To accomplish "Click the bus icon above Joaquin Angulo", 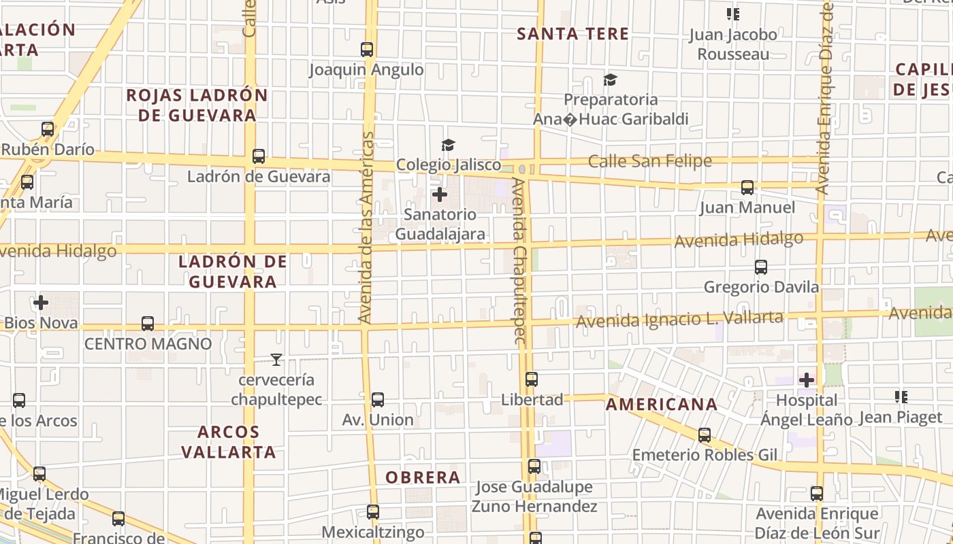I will click(x=367, y=50).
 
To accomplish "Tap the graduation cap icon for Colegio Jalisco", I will click(x=448, y=145).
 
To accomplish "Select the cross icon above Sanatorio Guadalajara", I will click(x=440, y=194).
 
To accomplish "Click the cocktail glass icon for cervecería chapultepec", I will click(x=276, y=359).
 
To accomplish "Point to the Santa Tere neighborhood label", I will click(x=572, y=34).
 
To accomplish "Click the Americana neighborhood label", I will click(x=662, y=405).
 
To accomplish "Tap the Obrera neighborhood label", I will click(x=423, y=477).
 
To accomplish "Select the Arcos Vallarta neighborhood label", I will click(x=229, y=441).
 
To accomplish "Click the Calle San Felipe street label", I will click(x=649, y=161).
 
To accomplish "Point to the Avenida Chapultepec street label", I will click(x=520, y=262).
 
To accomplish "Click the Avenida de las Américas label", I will click(x=367, y=228).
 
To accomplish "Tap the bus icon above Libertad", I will click(x=532, y=379).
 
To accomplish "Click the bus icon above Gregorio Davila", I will click(x=761, y=267).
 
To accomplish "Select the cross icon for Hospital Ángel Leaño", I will click(x=807, y=379).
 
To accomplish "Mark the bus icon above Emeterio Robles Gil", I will click(x=705, y=435).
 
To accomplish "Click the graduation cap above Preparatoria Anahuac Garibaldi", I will click(x=610, y=80).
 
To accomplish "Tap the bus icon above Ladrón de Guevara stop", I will click(x=259, y=156).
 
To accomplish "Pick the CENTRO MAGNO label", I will click(x=148, y=344).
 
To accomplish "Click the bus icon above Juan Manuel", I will click(x=747, y=188).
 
